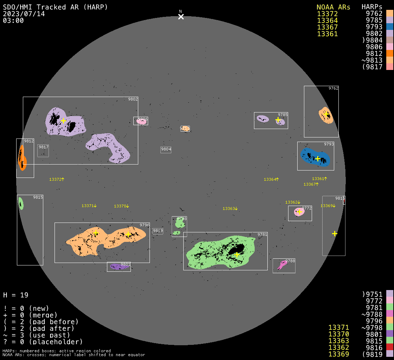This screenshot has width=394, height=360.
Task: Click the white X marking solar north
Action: click(x=181, y=17)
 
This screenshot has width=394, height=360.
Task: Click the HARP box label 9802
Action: click(x=133, y=99)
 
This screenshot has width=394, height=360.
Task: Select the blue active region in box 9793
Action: click(x=315, y=157)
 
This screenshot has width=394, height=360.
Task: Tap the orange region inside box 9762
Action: click(x=326, y=115)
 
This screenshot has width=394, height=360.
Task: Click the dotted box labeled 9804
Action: click(x=166, y=149)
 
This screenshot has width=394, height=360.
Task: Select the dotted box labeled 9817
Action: click(x=43, y=150)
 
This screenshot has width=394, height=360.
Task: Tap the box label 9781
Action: click(x=262, y=234)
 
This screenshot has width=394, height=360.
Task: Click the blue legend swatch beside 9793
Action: click(x=389, y=27)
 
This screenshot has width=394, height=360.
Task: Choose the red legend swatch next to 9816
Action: click(x=389, y=348)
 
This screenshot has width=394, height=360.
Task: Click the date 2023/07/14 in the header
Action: click(x=24, y=14)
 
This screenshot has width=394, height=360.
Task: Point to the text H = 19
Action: click(x=16, y=295)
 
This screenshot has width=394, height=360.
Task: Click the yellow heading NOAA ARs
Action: click(x=333, y=7)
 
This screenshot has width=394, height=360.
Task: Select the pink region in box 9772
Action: click(x=299, y=212)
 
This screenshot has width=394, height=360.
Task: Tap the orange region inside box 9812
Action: click(x=22, y=158)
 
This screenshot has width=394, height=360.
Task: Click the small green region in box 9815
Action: click(x=21, y=204)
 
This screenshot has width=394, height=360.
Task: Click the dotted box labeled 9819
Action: click(x=158, y=231)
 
